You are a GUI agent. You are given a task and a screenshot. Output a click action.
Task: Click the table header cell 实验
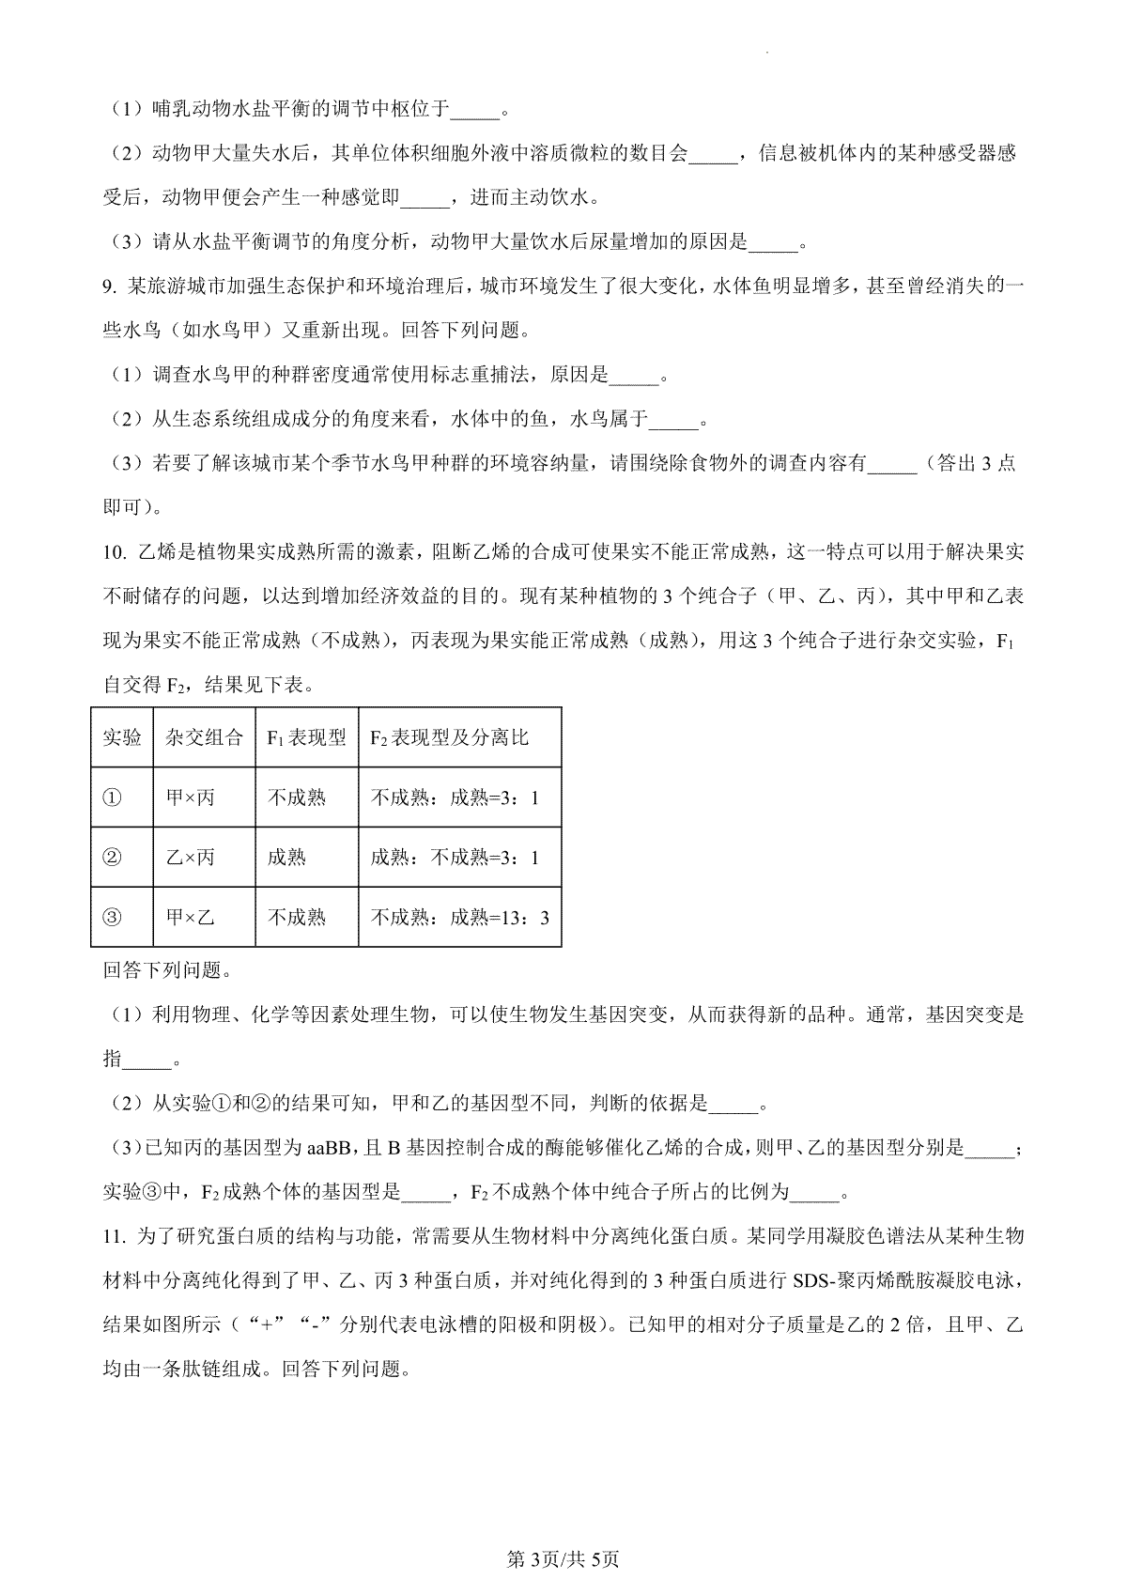[121, 737]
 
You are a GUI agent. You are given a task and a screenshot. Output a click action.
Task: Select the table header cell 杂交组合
[203, 737]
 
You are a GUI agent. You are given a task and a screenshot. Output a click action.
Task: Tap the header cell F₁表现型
[306, 737]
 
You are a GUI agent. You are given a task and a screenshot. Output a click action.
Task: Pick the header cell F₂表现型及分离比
[449, 737]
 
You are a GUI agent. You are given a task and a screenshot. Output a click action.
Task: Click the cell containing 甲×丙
[190, 797]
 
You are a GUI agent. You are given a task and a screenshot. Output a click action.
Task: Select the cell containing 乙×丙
[190, 857]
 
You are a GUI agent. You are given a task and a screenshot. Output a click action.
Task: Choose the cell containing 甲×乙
[190, 917]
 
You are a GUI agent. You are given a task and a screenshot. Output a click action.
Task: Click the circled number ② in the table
[112, 857]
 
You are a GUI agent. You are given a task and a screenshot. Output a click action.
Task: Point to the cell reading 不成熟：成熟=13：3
[459, 917]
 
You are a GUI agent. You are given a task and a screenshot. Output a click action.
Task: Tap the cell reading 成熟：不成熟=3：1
[454, 857]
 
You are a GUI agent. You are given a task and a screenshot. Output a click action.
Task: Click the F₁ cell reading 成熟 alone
[286, 857]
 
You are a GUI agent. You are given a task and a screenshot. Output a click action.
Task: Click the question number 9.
[109, 286]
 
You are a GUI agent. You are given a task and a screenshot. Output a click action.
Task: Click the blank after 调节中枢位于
[475, 111]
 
